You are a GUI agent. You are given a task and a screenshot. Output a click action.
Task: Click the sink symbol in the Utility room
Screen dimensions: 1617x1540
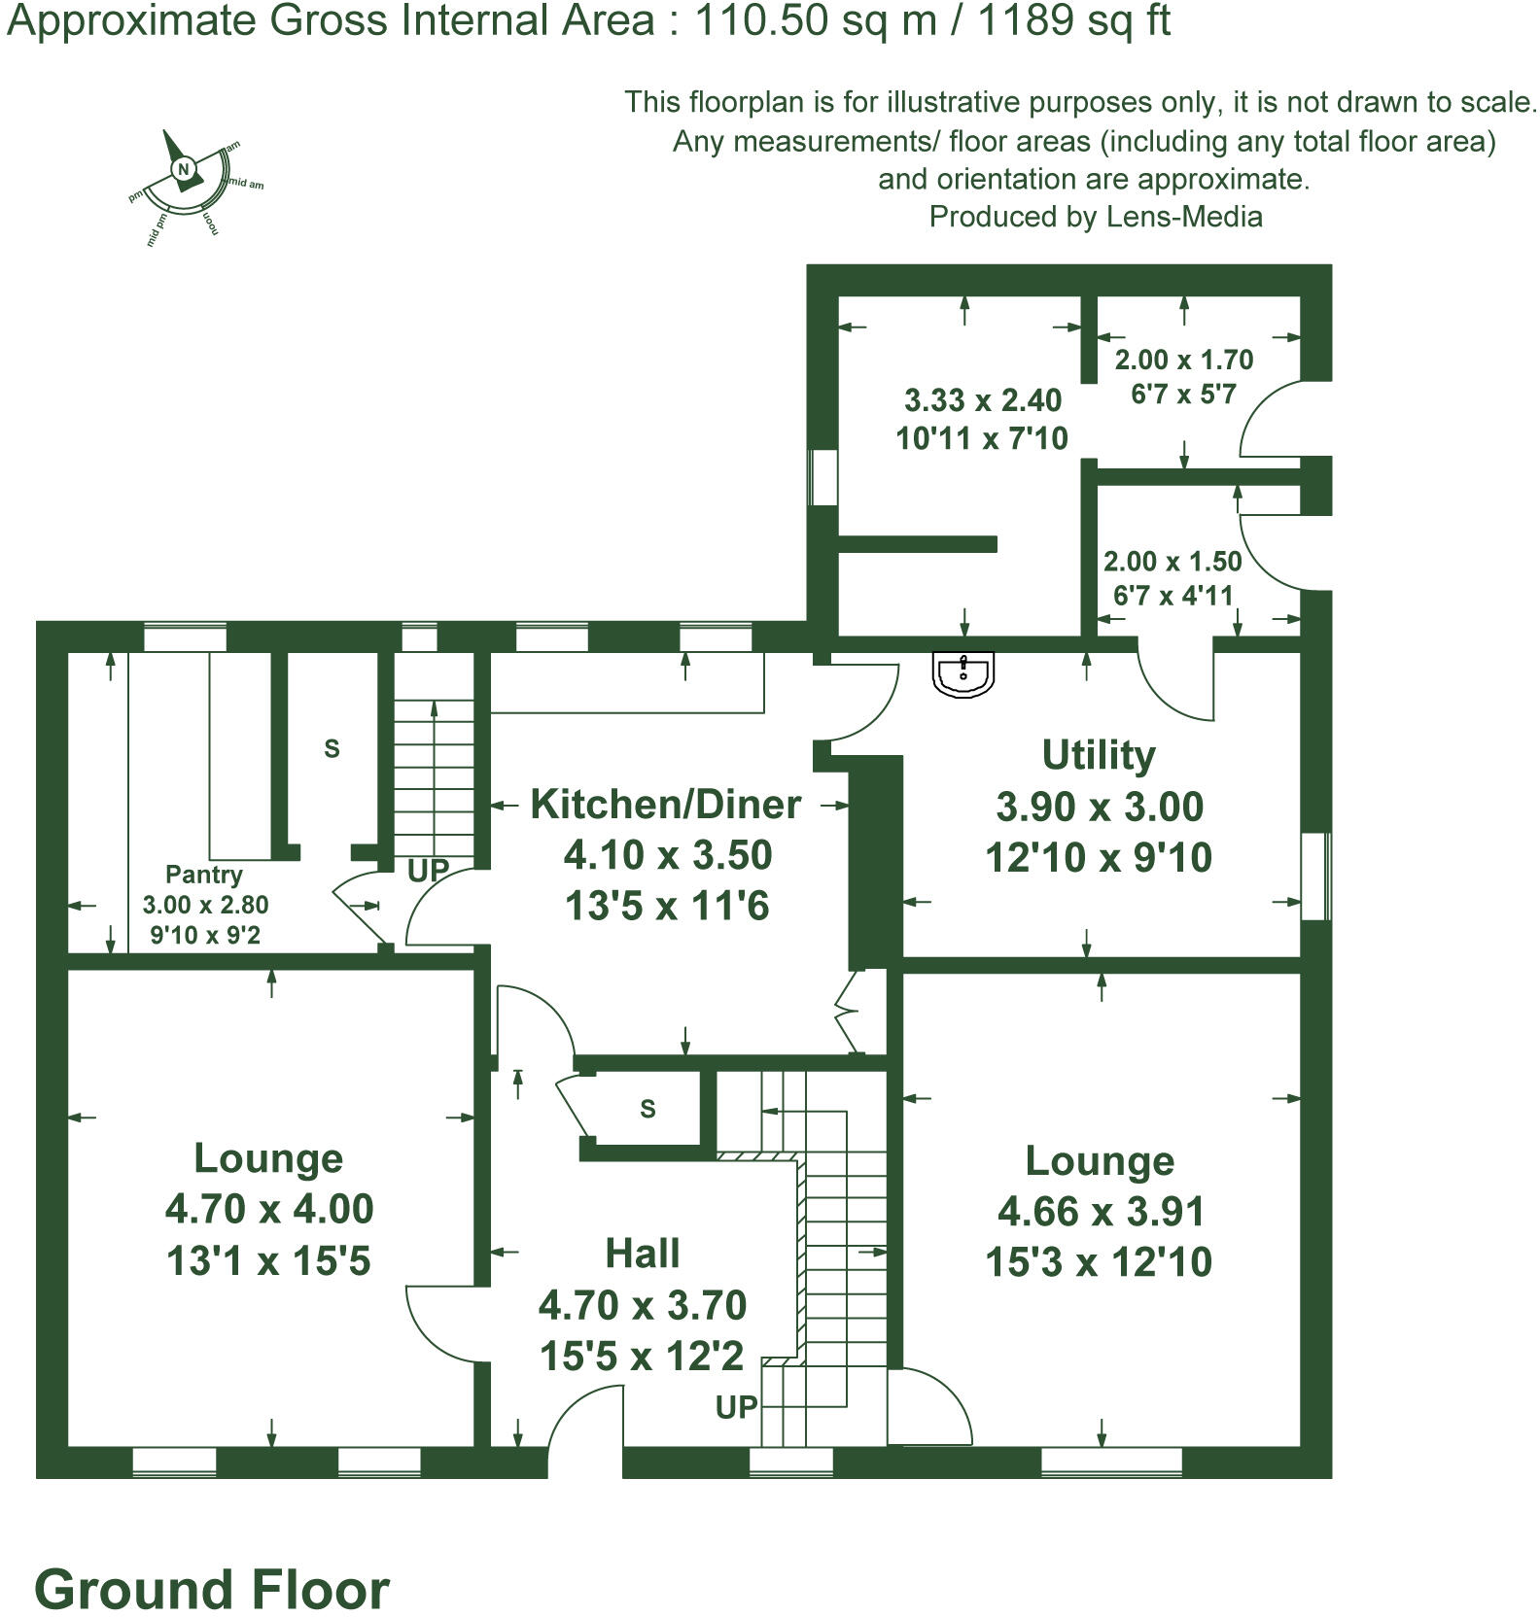[962, 673]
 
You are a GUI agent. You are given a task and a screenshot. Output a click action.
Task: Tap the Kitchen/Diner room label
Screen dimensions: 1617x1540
[666, 805]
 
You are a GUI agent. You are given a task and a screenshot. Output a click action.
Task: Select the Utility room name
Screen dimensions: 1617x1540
[1099, 755]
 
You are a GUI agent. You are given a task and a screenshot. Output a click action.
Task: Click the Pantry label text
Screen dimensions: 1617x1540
[204, 875]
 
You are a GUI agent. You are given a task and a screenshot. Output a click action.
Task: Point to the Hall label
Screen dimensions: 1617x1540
[643, 1254]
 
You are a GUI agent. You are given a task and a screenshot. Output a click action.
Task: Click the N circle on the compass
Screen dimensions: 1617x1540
[183, 169]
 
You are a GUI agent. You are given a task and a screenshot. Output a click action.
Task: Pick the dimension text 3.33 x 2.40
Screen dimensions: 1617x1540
[983, 400]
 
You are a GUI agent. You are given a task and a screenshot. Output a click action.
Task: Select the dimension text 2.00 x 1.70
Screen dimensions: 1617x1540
[1183, 360]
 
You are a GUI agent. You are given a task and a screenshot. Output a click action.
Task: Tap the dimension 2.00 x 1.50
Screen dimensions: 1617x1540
[1172, 562]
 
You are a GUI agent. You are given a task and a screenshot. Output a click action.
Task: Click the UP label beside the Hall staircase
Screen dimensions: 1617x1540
[736, 1406]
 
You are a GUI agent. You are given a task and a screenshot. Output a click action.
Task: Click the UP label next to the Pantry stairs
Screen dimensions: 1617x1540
[427, 871]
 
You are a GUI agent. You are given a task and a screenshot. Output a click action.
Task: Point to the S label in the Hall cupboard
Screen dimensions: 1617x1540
[648, 1109]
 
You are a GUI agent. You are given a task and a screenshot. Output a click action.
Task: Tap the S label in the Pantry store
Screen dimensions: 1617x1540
[332, 748]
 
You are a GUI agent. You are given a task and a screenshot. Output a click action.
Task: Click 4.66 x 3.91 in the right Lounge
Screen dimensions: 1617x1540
[1101, 1212]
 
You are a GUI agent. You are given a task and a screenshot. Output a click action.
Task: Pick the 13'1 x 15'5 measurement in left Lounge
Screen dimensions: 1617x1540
[268, 1261]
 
